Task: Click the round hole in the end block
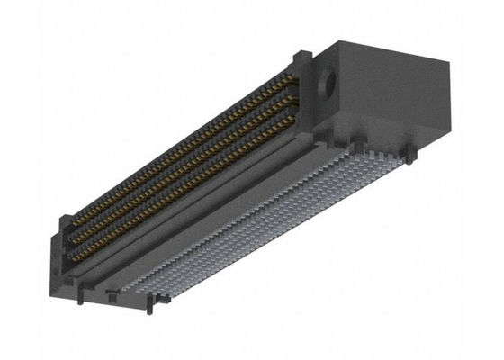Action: (x=328, y=85)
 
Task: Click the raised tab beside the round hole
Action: (x=302, y=61)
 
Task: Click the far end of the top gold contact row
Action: (x=292, y=82)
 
